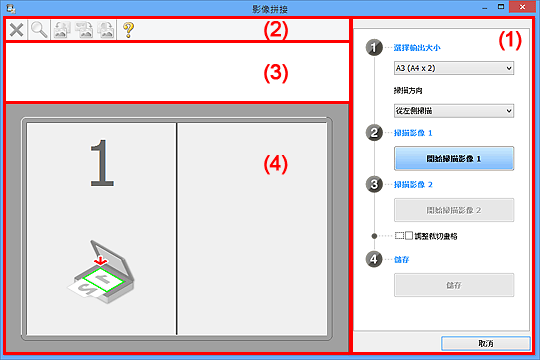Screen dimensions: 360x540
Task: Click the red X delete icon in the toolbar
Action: pyautogui.click(x=17, y=30)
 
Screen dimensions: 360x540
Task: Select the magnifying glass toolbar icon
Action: pyautogui.click(x=38, y=30)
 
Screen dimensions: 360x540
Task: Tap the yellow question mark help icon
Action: pyautogui.click(x=128, y=30)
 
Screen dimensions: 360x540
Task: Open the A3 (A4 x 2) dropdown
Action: pyautogui.click(x=454, y=68)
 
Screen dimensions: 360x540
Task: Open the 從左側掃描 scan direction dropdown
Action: pyautogui.click(x=454, y=110)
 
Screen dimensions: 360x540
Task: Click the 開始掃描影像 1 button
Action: pyautogui.click(x=454, y=159)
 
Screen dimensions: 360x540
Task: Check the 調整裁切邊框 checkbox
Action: pyautogui.click(x=408, y=236)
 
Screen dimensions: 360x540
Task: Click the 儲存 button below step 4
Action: pyautogui.click(x=454, y=285)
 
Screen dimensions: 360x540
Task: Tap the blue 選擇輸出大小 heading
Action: pyautogui.click(x=420, y=47)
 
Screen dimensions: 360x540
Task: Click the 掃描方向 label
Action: pyautogui.click(x=411, y=89)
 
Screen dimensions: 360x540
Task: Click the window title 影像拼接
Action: pyautogui.click(x=269, y=7)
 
